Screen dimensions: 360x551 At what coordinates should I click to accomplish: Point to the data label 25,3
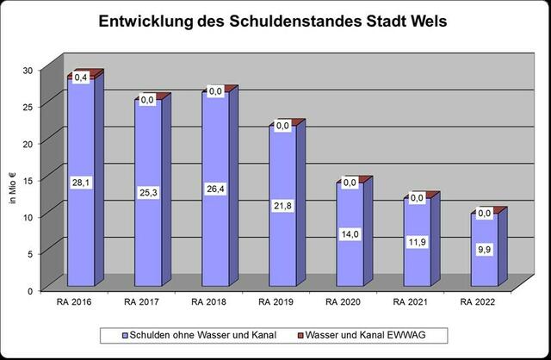(148, 192)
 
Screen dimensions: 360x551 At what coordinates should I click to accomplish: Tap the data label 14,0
(350, 234)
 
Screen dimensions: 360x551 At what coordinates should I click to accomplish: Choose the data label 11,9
(417, 242)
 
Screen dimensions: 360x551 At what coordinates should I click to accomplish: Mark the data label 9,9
(484, 250)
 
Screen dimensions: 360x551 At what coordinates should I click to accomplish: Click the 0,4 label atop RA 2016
(81, 78)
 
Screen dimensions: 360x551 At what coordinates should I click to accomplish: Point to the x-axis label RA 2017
(143, 302)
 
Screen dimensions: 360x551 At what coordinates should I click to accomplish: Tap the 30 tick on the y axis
(28, 71)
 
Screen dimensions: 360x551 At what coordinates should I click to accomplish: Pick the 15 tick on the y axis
(28, 180)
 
